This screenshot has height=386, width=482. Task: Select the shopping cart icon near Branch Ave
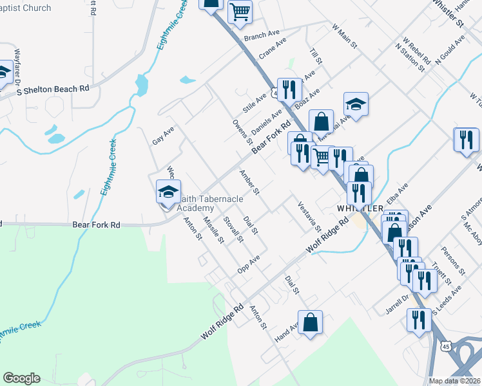pyautogui.click(x=240, y=11)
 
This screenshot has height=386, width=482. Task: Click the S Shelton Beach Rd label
pyautogui.click(x=52, y=90)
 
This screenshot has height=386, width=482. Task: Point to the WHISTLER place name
pyautogui.click(x=360, y=207)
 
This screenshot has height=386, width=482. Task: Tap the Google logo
pyautogui.click(x=22, y=378)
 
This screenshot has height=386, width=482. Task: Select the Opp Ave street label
pyautogui.click(x=248, y=264)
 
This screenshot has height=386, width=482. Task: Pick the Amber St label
pyautogui.click(x=249, y=183)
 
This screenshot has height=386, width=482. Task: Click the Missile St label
pyautogui.click(x=213, y=230)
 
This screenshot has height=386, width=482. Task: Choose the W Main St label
pyautogui.click(x=344, y=35)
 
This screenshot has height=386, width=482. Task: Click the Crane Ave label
pyautogui.click(x=273, y=49)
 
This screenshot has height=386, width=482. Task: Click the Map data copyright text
pyautogui.click(x=455, y=381)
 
